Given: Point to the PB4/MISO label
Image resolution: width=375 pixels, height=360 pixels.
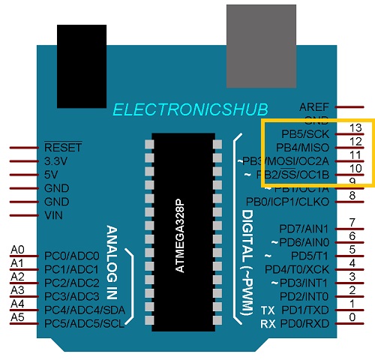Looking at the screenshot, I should [x=303, y=147].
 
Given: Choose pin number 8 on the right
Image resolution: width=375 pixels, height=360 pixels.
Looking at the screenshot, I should [x=352, y=196].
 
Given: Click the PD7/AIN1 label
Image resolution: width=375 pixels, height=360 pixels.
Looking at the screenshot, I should [x=304, y=228].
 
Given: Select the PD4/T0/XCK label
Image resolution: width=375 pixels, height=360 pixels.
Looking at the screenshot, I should [x=298, y=268].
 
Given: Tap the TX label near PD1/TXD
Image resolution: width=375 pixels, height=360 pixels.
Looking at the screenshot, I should [x=268, y=310].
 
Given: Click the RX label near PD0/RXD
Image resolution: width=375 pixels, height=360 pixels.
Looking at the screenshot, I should [x=268, y=323].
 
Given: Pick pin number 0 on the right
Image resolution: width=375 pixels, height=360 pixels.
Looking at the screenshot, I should [x=352, y=317].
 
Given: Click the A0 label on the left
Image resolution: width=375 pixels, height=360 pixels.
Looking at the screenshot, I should [x=18, y=250].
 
